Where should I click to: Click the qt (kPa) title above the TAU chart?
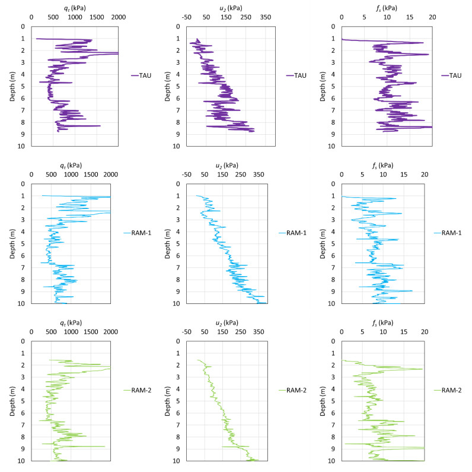point(74,7)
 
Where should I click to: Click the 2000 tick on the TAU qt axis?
point(119,18)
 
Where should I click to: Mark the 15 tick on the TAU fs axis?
point(410,18)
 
